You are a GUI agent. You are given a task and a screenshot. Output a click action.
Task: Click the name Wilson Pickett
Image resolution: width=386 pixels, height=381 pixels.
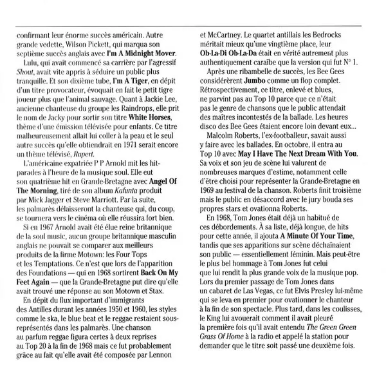(82, 42)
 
